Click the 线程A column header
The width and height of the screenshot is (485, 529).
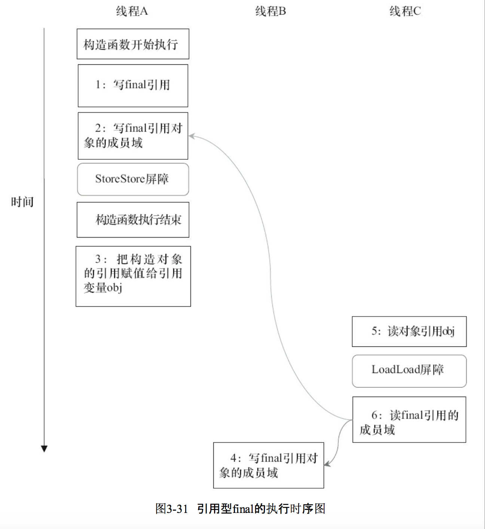(x=132, y=11)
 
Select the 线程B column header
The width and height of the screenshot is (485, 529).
(x=270, y=11)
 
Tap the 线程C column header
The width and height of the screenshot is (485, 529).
(x=405, y=11)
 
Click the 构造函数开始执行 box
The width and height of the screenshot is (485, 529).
(x=133, y=44)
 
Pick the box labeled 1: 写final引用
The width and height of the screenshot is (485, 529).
(x=133, y=86)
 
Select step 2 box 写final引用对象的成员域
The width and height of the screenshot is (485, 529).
(x=133, y=136)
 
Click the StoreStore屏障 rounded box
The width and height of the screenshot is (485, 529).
(x=133, y=179)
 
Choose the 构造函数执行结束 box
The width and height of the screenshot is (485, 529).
(x=133, y=220)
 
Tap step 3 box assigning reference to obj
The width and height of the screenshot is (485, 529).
(x=133, y=276)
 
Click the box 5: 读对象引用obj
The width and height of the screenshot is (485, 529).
(x=409, y=331)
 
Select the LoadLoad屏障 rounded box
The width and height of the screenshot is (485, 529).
(x=409, y=371)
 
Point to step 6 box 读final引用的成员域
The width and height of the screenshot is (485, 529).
(x=409, y=419)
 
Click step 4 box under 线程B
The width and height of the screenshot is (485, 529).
(x=268, y=465)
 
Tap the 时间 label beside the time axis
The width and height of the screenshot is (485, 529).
(x=22, y=202)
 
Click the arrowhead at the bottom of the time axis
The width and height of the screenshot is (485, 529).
(x=44, y=449)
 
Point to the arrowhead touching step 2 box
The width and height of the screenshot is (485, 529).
(x=192, y=136)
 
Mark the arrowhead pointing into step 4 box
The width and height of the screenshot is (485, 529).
(x=327, y=464)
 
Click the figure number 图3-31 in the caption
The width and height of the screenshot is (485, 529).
(x=171, y=509)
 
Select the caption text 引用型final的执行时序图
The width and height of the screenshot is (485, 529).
(x=261, y=509)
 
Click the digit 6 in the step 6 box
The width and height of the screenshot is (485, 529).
(x=375, y=415)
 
